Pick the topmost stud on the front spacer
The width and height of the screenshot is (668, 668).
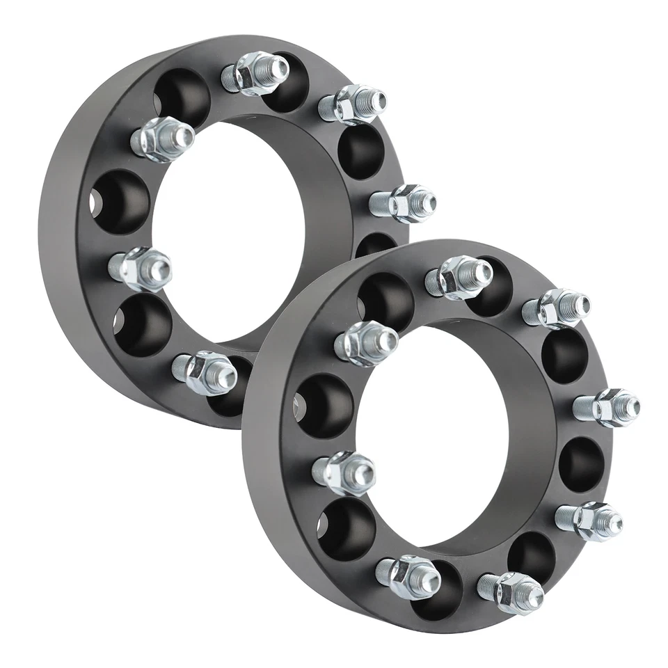pyautogui.click(x=459, y=276)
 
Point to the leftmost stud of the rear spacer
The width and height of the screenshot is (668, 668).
pyautogui.click(x=140, y=269)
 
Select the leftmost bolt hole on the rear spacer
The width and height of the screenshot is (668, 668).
pyautogui.click(x=122, y=202)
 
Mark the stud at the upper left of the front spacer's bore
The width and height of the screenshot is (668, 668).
pyautogui.click(x=366, y=343)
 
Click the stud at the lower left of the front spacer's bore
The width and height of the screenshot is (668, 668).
pyautogui.click(x=344, y=472)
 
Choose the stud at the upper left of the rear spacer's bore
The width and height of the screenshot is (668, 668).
pyautogui.click(x=162, y=139)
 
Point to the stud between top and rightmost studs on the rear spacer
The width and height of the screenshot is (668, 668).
pyautogui.click(x=352, y=103)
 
